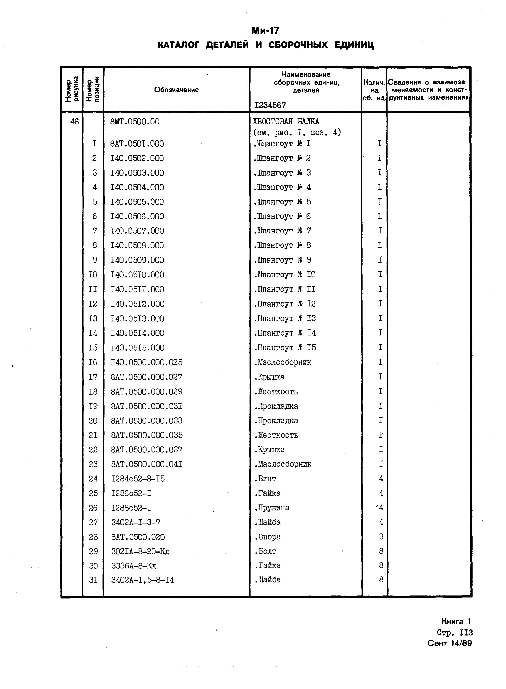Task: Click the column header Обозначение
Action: (176, 89)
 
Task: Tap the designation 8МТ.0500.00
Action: (135, 122)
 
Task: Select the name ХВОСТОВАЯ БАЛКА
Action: (286, 122)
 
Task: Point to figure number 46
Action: (74, 122)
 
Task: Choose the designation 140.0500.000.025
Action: (146, 362)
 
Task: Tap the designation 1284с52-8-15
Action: (138, 479)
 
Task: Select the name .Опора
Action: (267, 537)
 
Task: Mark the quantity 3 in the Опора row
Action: (381, 537)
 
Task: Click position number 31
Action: (93, 580)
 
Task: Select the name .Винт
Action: (265, 479)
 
